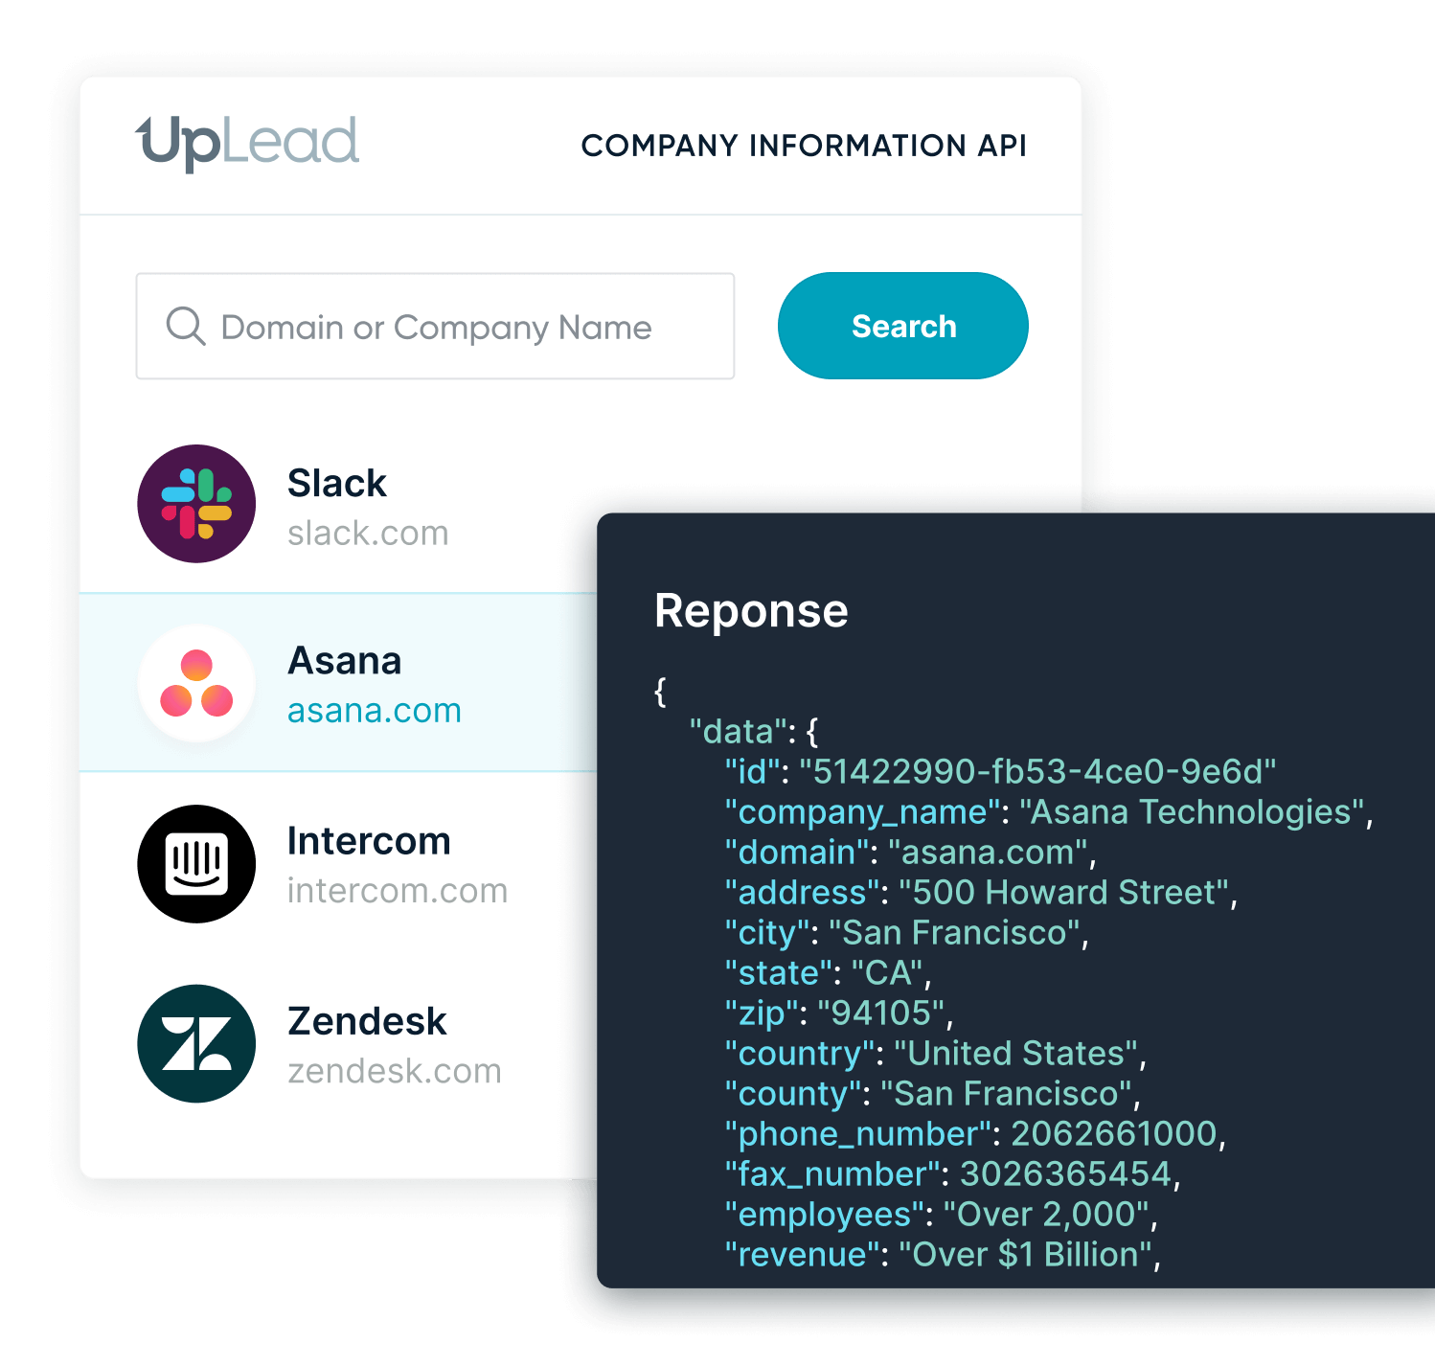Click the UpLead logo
coord(247,143)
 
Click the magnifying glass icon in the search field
coord(186,326)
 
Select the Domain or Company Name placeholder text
coord(436,328)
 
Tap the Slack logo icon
coord(196,503)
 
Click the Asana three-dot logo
coord(196,683)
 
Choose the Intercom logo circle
coord(196,864)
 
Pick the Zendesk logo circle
coord(196,1043)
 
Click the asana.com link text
coord(375,711)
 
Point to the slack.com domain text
coord(368,534)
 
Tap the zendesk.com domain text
coord(395,1071)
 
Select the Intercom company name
coord(369,841)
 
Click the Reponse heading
coord(751,611)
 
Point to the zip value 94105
coord(881,1013)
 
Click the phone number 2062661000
coord(1114,1134)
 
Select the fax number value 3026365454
coord(1066,1174)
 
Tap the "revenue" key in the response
coord(803,1255)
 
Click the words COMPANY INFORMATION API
coord(804,146)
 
